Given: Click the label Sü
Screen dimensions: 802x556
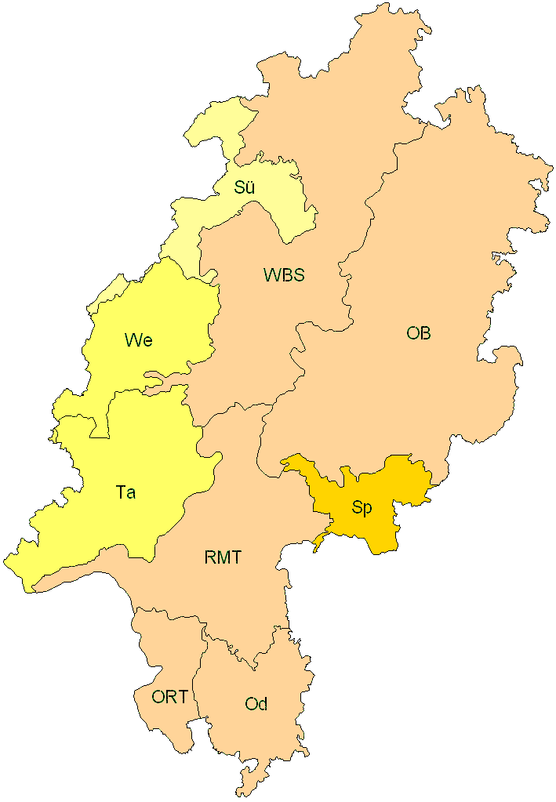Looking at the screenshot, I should click(x=245, y=188).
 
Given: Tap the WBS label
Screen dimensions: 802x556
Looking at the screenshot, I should click(x=284, y=275).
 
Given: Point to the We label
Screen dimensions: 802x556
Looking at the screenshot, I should click(x=138, y=340).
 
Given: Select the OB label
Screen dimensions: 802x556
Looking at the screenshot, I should click(x=418, y=333).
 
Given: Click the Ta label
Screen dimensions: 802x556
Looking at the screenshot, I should click(x=125, y=493).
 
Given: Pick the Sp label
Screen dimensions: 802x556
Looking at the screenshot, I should click(x=362, y=508).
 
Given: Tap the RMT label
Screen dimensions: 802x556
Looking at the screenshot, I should click(x=223, y=558).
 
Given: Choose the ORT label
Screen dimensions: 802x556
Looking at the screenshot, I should click(x=170, y=696).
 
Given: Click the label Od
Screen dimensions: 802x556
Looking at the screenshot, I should click(x=256, y=704).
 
